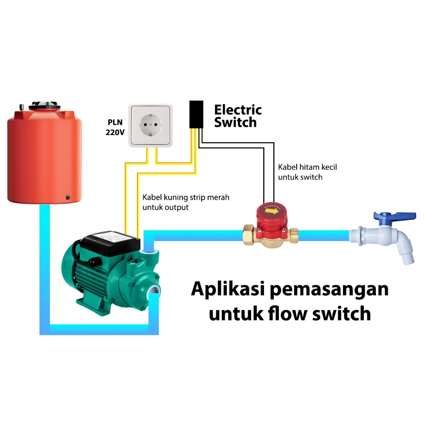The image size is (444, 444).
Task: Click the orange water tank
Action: coord(44,156)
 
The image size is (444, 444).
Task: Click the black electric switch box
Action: coord(196,114)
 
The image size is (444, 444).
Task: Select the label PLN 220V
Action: coord(115,127)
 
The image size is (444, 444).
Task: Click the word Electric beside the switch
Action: coord(238,110)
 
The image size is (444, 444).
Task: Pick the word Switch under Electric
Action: coord(235,123)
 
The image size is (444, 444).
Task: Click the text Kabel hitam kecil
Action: coord(307,167)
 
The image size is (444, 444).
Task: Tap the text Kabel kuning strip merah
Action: coord(186,198)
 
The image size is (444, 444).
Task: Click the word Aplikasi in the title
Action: coord(229,289)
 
